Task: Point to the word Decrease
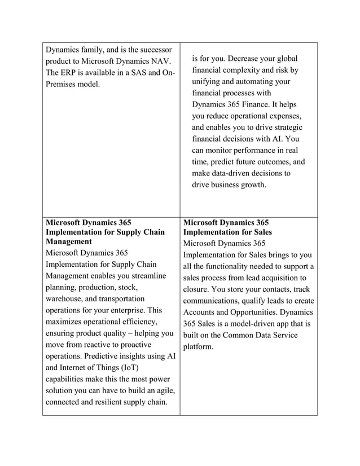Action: click(x=235, y=59)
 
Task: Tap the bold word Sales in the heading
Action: click(x=261, y=232)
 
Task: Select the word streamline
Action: click(x=147, y=276)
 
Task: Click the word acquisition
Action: click(x=283, y=278)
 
